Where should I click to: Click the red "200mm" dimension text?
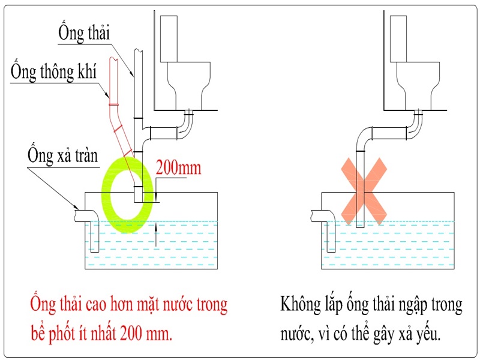(x=178, y=168)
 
